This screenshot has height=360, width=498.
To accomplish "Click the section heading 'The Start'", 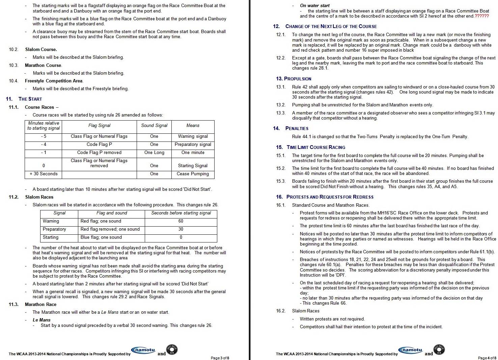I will tap(30, 99).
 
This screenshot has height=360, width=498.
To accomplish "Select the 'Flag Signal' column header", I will tap(99, 126).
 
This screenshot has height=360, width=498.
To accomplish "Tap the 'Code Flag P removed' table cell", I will tap(99, 153).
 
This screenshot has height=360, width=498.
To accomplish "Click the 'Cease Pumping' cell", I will tap(193, 174).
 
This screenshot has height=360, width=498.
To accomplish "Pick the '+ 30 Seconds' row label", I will tap(44, 174).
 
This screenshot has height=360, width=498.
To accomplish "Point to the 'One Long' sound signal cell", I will tap(154, 153).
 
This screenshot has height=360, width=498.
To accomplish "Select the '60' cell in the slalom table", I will tap(181, 221).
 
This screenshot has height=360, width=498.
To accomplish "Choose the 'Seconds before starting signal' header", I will tap(181, 213).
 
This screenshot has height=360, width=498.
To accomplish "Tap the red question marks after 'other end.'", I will tap(481, 16).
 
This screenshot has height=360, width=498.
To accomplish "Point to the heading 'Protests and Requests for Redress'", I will tap(330, 197).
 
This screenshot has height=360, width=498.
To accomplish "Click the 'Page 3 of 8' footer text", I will tap(220, 358).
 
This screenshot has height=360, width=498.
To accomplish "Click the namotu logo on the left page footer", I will tap(143, 351).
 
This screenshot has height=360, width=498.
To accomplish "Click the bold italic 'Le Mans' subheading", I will tap(41, 320).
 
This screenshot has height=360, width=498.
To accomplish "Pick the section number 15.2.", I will tap(281, 169).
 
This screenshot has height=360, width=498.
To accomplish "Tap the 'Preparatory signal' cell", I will tap(193, 145).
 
